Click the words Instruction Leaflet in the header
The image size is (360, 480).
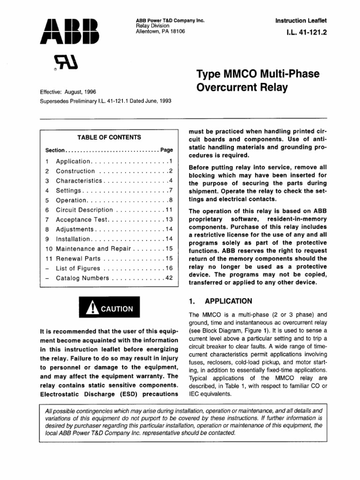[300, 21]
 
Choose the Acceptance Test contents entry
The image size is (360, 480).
[82, 219]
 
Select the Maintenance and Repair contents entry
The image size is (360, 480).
[94, 248]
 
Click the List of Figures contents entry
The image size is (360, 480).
[78, 268]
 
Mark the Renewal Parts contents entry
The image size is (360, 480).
[78, 258]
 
